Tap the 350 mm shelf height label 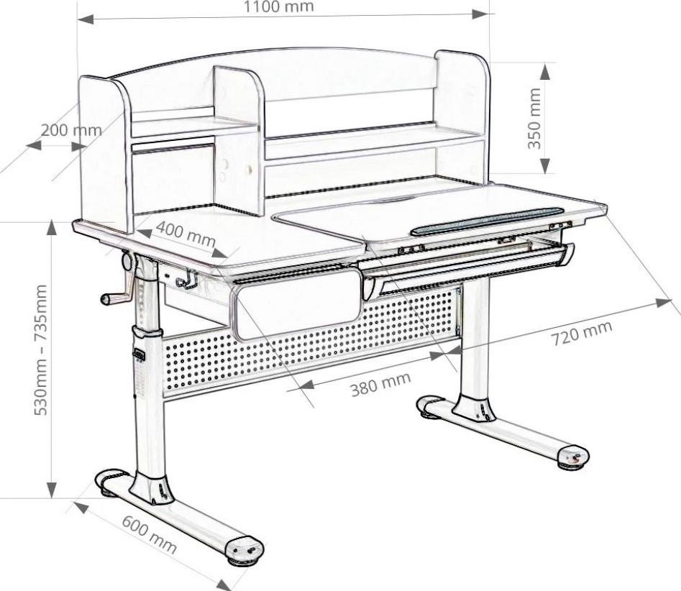tap(534, 119)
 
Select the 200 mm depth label tap(70, 130)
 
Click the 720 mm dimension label tap(582, 333)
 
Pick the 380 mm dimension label tap(380, 385)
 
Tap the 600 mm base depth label tap(148, 534)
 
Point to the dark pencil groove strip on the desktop tap(488, 221)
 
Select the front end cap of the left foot tap(244, 550)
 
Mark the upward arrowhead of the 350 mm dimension tap(545, 71)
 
